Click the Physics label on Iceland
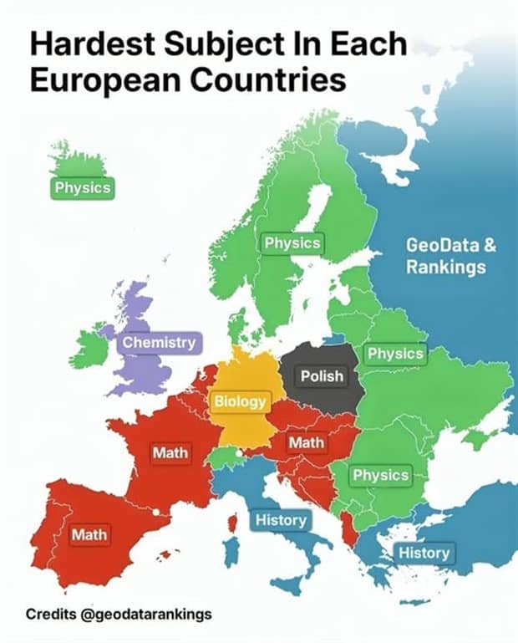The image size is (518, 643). click(x=82, y=188)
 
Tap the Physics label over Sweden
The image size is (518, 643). click(x=292, y=242)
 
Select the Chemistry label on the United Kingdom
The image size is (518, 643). click(x=159, y=342)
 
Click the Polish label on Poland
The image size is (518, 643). click(x=322, y=376)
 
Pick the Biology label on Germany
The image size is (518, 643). click(x=240, y=401)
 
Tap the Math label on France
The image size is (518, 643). click(x=170, y=453)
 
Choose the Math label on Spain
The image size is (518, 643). click(x=89, y=533)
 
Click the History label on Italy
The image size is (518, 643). click(x=281, y=520)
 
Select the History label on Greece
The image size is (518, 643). click(x=424, y=553)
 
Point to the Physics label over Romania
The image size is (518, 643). click(x=380, y=475)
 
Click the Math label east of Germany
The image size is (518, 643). click(x=306, y=441)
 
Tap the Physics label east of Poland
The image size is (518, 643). click(x=395, y=354)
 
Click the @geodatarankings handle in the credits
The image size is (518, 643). click(x=145, y=615)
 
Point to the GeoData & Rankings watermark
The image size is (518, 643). click(x=446, y=257)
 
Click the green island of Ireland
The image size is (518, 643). click(x=89, y=347)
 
